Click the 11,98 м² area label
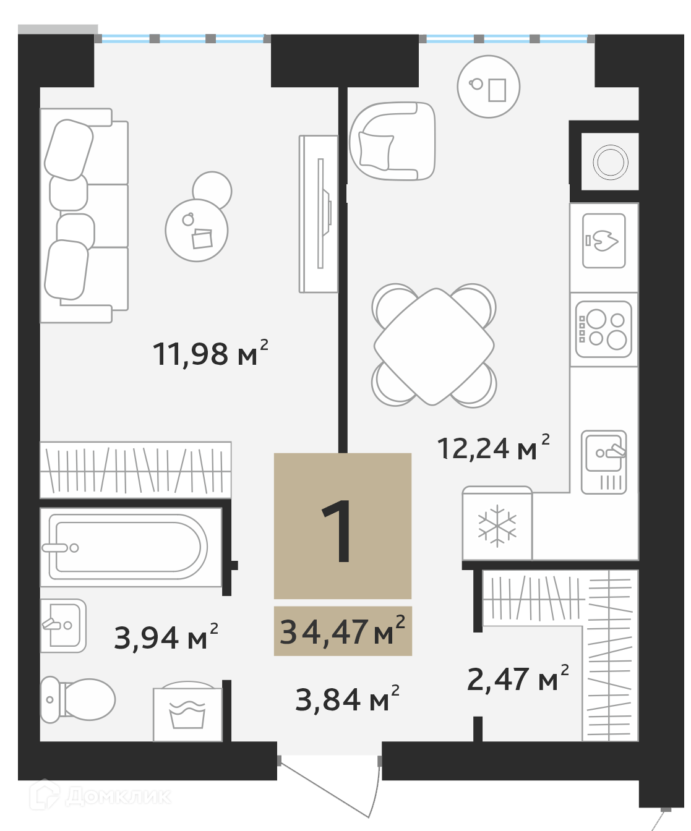click(x=210, y=354)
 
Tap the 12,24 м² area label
click(x=493, y=447)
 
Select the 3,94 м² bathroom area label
click(x=166, y=637)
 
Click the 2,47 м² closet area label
click(x=518, y=678)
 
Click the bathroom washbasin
click(x=63, y=626)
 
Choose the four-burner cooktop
click(x=603, y=329)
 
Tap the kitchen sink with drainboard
click(x=603, y=462)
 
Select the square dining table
click(x=434, y=346)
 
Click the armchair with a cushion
click(x=392, y=142)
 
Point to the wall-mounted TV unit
click(x=319, y=214)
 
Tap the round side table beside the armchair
click(x=489, y=87)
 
